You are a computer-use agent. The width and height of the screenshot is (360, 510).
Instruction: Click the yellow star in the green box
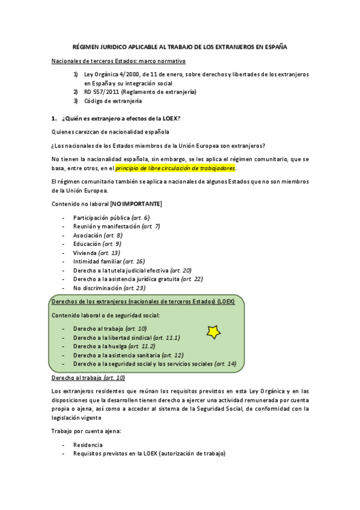(x=213, y=331)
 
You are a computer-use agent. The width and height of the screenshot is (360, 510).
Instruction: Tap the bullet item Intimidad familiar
(x=97, y=262)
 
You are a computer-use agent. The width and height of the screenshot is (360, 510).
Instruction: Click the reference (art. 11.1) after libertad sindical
(x=166, y=338)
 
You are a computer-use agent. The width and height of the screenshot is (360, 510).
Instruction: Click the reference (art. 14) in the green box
(x=225, y=364)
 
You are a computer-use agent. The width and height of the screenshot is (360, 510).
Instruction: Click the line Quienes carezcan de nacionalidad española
(x=111, y=132)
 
